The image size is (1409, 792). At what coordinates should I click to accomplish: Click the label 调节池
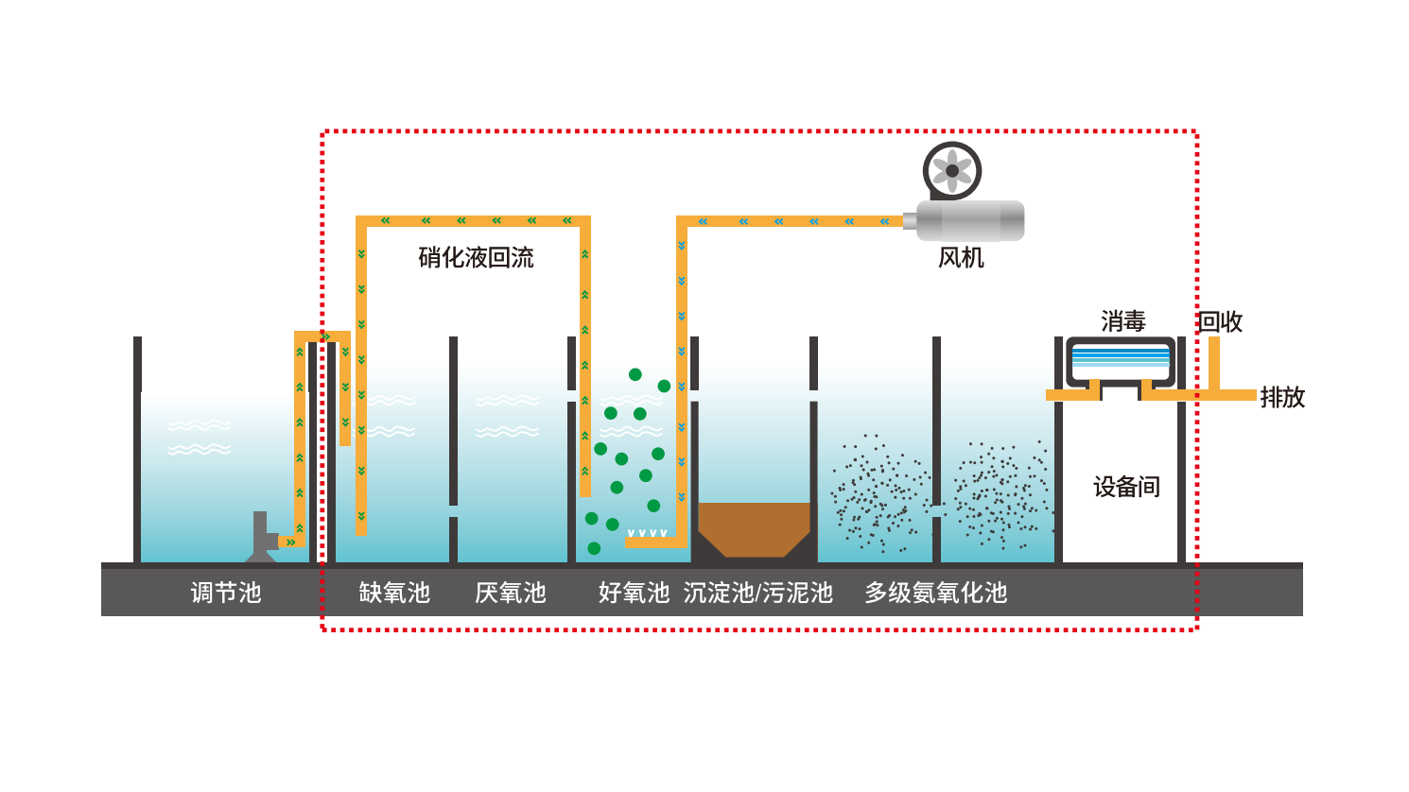coord(225,593)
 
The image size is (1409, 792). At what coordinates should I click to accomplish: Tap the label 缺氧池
coord(394,593)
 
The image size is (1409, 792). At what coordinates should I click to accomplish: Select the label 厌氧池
coord(510,593)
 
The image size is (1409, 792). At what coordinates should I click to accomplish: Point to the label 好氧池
coord(634,593)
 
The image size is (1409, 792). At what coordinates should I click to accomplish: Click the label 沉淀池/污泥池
coord(757,593)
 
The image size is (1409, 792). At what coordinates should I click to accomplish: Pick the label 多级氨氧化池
coord(935,593)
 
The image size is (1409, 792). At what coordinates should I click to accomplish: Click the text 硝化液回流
coord(476,257)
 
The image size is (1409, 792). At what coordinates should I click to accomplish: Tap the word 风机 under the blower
coord(961,257)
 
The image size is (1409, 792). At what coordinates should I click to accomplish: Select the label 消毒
coord(1122,321)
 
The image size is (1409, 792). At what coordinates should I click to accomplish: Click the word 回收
coord(1220,321)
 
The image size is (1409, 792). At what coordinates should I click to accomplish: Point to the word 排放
coord(1282,397)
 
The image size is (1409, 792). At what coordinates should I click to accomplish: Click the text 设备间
coord(1126,487)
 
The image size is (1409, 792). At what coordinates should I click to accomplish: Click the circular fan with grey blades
coord(952,171)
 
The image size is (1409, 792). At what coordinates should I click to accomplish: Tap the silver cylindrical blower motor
coord(969,221)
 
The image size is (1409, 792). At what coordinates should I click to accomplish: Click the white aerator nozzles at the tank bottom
coord(647,533)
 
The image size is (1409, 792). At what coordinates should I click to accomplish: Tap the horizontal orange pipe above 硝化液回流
coord(473,221)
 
